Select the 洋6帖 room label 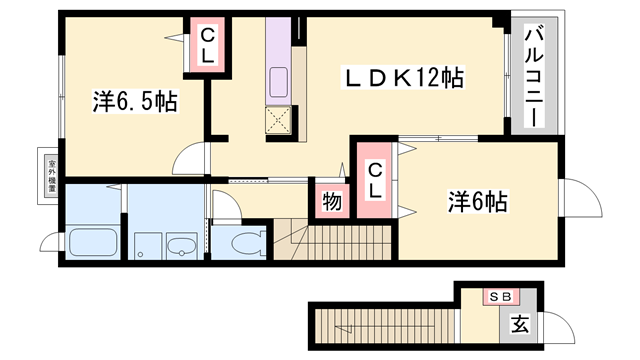(x=476, y=201)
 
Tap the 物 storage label (x=332, y=203)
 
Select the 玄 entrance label (x=520, y=324)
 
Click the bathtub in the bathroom (x=94, y=243)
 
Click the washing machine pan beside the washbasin (x=148, y=244)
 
